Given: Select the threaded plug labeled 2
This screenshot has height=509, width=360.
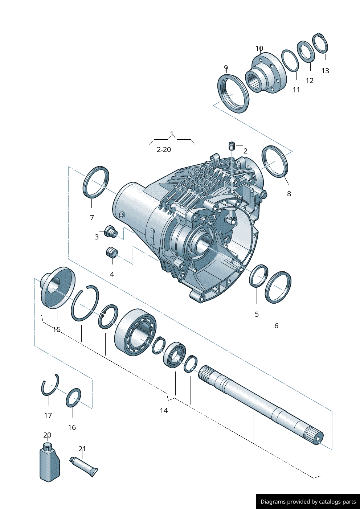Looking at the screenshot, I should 232,146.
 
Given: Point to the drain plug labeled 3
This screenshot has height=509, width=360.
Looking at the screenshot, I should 110,231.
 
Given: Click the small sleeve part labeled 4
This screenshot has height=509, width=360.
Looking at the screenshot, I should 112,252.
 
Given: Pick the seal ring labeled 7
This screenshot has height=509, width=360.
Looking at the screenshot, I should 96,182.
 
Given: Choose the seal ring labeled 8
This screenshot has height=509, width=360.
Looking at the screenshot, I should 275,162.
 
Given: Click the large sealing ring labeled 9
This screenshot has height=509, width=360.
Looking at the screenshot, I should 233,94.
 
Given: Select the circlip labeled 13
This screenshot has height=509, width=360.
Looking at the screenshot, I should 320,43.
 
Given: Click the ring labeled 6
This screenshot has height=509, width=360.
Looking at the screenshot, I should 278,287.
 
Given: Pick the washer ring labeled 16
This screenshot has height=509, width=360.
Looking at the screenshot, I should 73,398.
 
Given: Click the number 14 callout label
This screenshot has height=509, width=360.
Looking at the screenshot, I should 164,411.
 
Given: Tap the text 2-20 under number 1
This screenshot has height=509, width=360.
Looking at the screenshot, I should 164,149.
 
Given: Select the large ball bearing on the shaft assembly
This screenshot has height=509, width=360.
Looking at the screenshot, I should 135,332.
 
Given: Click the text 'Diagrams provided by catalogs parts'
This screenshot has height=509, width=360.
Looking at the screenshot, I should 308,502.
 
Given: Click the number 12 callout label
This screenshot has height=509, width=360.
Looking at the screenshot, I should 310,81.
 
